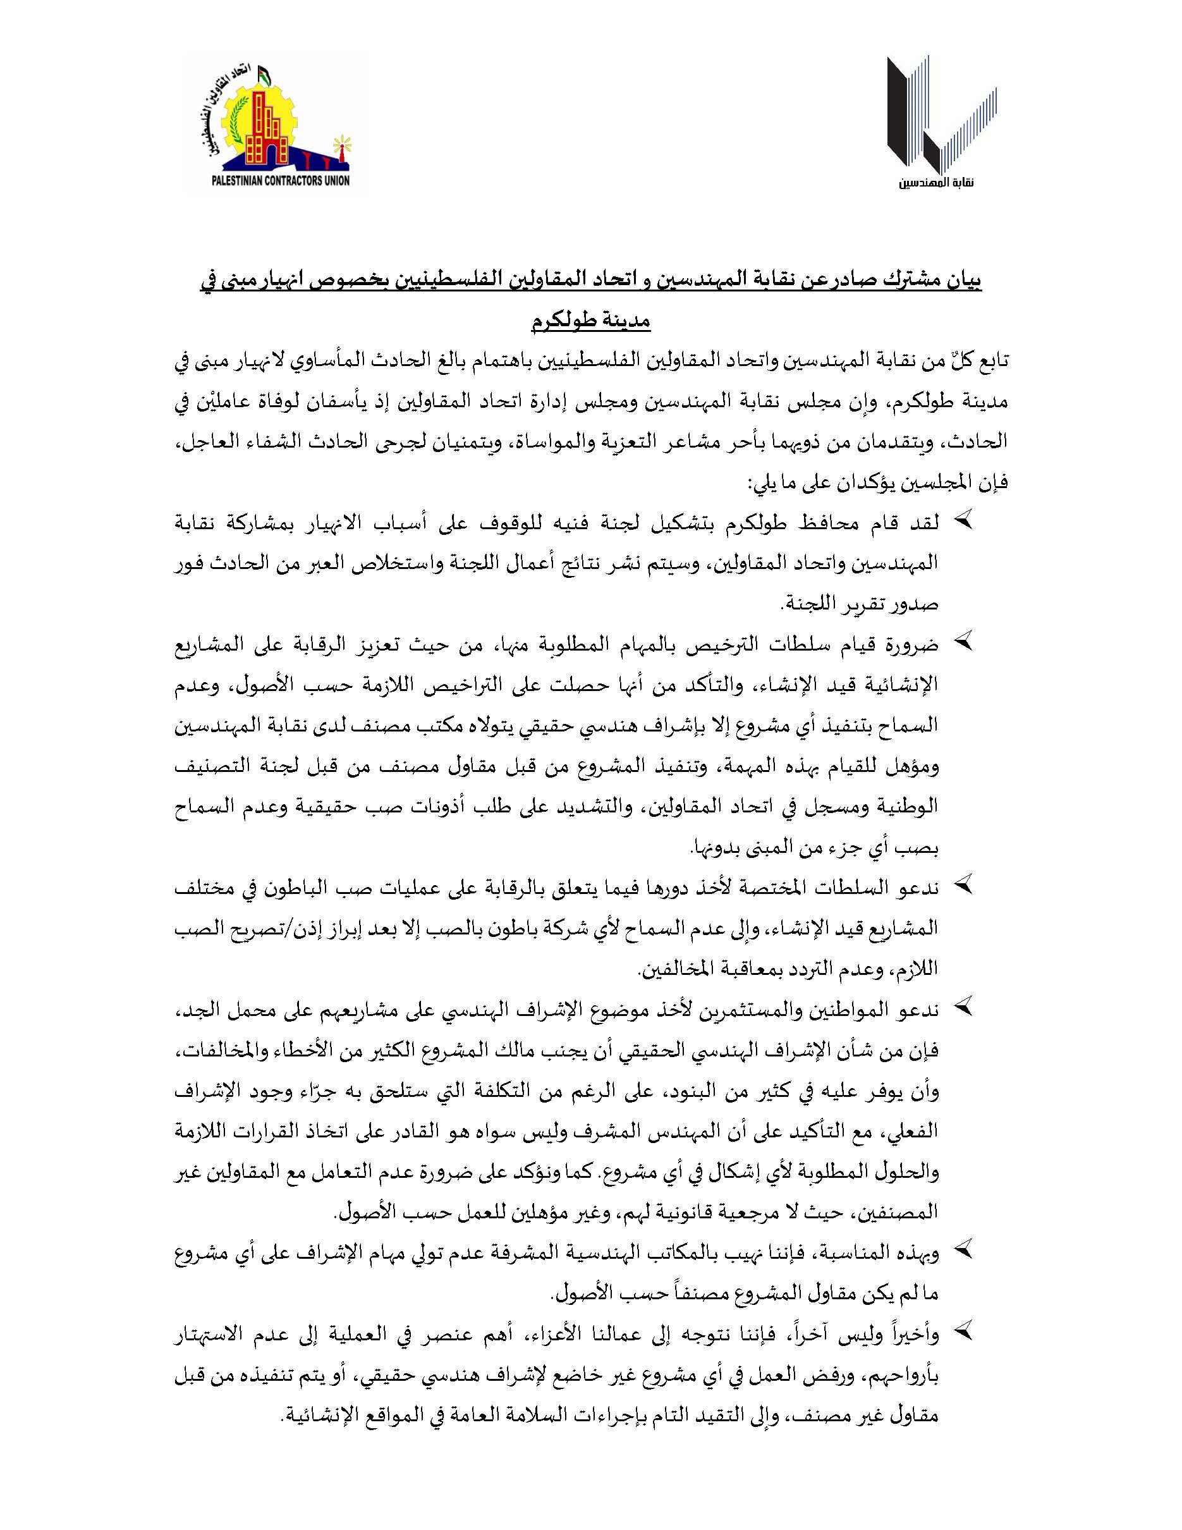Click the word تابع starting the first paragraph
989,362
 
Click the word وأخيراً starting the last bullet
910,1331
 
